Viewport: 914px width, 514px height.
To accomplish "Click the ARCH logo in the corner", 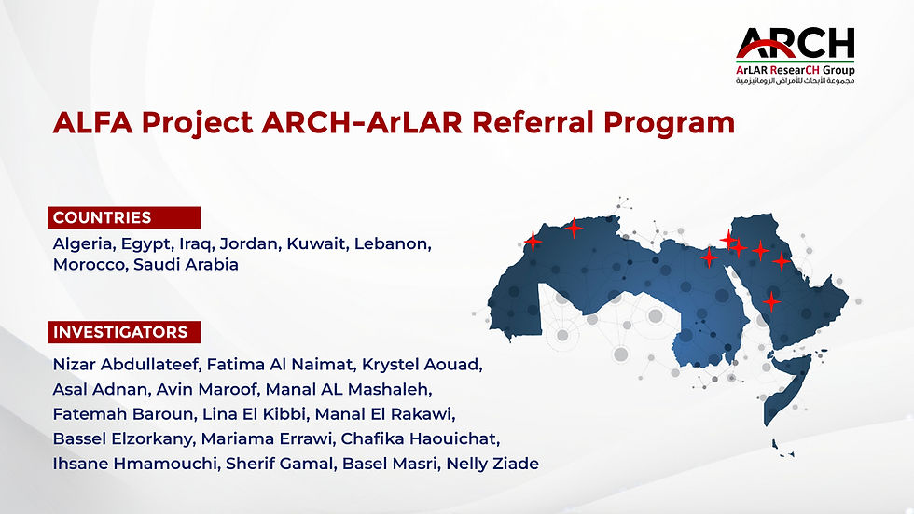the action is click(x=795, y=55).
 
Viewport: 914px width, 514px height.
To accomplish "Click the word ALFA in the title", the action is click(x=92, y=122).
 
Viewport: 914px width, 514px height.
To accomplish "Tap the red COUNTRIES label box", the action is click(x=124, y=217).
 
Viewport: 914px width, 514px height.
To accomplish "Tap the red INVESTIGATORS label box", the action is click(x=124, y=332).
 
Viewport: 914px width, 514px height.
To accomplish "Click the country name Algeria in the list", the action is click(x=84, y=243).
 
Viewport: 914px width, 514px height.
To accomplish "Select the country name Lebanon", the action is click(x=393, y=243).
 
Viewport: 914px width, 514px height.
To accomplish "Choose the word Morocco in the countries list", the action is click(x=90, y=265).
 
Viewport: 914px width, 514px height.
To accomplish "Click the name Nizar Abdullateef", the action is click(x=127, y=364).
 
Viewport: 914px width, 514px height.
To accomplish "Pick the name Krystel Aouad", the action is click(x=422, y=364).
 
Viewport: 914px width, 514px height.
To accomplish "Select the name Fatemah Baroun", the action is click(x=124, y=414).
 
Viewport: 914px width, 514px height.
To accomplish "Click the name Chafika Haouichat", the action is click(x=420, y=438).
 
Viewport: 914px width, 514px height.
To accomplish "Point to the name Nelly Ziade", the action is click(x=492, y=464).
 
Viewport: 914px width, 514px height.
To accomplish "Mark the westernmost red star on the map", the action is click(x=533, y=242).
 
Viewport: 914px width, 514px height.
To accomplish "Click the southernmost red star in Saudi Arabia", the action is click(x=772, y=302).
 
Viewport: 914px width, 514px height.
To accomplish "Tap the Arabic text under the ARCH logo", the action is click(x=795, y=80).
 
